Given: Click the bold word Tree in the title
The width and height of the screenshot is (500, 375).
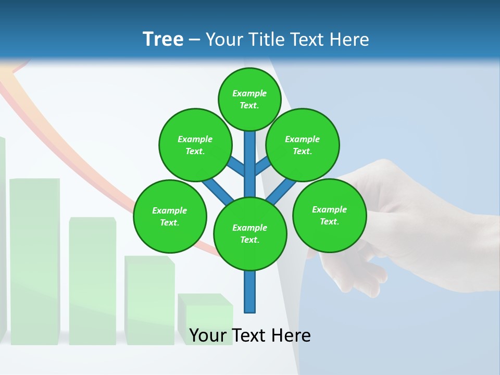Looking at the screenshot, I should tap(163, 39).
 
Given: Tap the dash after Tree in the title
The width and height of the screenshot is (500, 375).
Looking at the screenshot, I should tap(194, 40).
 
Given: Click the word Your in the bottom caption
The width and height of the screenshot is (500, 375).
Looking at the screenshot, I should tap(208, 335).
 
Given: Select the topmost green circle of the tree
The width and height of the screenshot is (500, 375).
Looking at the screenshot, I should tap(249, 99).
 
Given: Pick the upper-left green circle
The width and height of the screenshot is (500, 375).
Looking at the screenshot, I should tap(195, 145).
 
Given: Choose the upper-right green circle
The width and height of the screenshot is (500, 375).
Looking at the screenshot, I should tap(302, 145).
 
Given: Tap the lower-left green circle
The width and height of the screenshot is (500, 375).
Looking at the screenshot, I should tap(169, 216).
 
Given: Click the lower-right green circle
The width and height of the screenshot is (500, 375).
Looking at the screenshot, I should tap(329, 215).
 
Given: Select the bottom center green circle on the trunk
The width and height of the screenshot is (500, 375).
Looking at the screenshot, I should tap(250, 233).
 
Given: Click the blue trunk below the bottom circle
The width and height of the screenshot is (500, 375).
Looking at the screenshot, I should tap(250, 292).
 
